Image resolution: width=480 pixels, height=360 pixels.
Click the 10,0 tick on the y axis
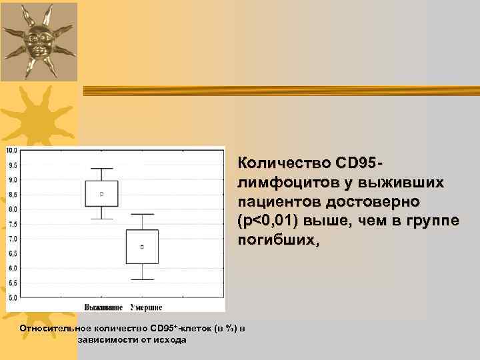pos(12,150)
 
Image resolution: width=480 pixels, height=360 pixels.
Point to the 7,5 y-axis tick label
pos(12,224)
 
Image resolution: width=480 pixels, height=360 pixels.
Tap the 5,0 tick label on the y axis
pos(12,298)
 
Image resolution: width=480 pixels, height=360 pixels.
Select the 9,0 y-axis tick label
pos(12,180)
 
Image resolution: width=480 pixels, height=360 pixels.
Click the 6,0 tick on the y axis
pos(12,268)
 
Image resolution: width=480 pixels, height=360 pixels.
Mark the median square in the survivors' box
pos(102,194)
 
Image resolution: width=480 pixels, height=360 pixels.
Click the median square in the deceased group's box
pos(142,247)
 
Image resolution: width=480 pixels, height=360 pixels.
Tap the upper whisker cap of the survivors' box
pos(102,169)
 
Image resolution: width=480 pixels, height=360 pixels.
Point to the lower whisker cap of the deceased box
pos(142,279)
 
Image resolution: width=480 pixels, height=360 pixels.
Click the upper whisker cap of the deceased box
pos(142,214)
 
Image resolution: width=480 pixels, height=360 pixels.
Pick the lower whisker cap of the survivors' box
pos(102,219)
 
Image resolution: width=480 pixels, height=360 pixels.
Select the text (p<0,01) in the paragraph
pos(267,221)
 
